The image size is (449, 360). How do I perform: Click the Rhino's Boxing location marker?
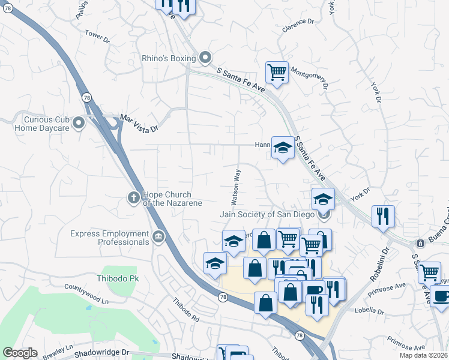click(205, 58)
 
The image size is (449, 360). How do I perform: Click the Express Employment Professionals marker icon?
click(158, 237)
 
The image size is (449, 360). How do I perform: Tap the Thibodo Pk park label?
click(118, 279)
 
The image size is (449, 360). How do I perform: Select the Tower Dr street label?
click(97, 37)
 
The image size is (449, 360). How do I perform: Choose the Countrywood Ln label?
click(87, 292)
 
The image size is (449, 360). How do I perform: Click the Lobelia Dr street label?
click(369, 311)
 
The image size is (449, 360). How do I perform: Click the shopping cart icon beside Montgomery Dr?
click(277, 72)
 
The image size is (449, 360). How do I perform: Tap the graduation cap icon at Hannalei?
click(282, 147)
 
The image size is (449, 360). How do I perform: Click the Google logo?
click(20, 353)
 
